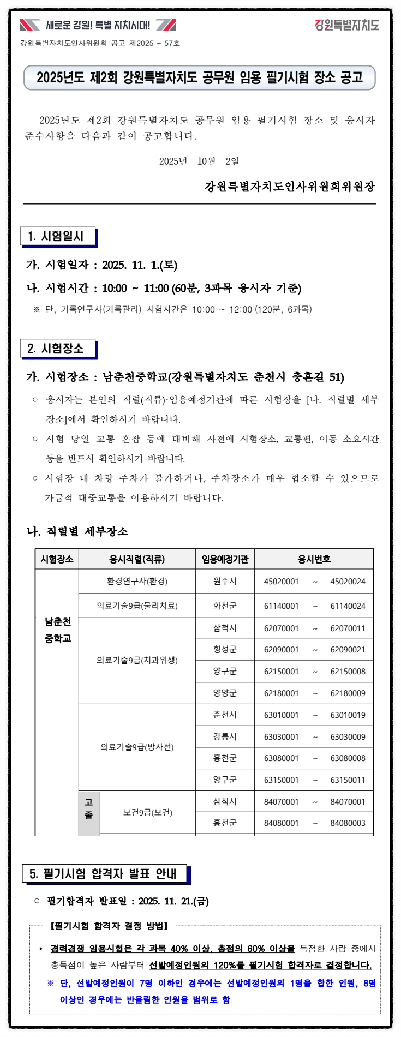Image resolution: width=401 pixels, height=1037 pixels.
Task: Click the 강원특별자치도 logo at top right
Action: coord(346,25)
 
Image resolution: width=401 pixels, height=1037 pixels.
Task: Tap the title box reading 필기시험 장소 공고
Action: coord(200,77)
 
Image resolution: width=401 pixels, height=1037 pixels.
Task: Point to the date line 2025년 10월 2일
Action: coord(199,161)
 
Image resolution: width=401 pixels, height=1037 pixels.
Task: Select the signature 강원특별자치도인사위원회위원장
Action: coord(290,187)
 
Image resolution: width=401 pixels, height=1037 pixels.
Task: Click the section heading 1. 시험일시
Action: coord(57,236)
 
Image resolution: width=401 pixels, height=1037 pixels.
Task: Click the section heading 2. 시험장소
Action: coord(57,349)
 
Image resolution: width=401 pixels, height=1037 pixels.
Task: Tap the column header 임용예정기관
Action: coord(225,559)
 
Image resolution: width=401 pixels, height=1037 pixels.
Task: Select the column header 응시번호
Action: coord(314,559)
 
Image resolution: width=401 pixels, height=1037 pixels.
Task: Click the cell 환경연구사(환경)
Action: coord(137,582)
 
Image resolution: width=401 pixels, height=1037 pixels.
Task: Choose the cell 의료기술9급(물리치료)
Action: coord(137,606)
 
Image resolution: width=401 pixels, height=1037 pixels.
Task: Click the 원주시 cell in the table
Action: coord(225,582)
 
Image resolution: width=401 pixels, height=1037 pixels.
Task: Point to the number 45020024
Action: coord(348,582)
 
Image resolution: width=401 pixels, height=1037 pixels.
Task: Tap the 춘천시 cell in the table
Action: coord(225,715)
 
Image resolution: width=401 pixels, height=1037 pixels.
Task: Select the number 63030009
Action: coord(348,737)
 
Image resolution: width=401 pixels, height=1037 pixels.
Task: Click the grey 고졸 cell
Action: coord(89,808)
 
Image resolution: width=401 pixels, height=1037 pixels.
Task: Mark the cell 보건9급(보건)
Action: coord(148,812)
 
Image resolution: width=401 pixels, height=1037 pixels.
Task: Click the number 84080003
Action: coord(348,823)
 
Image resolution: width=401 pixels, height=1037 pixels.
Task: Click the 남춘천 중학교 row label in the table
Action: coord(58,630)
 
